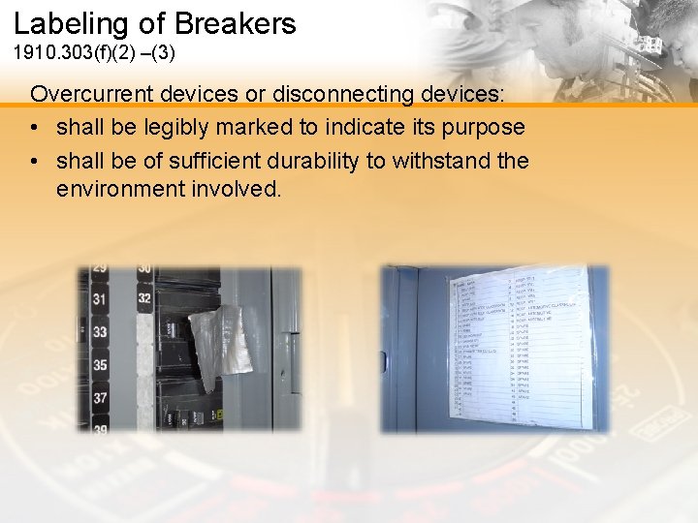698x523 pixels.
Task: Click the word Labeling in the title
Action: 72,23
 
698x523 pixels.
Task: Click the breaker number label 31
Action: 99,299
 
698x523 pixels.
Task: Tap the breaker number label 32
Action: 144,298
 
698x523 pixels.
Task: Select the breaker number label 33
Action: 99,332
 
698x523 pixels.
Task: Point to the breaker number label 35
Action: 99,365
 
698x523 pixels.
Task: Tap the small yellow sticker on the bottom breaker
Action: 221,415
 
